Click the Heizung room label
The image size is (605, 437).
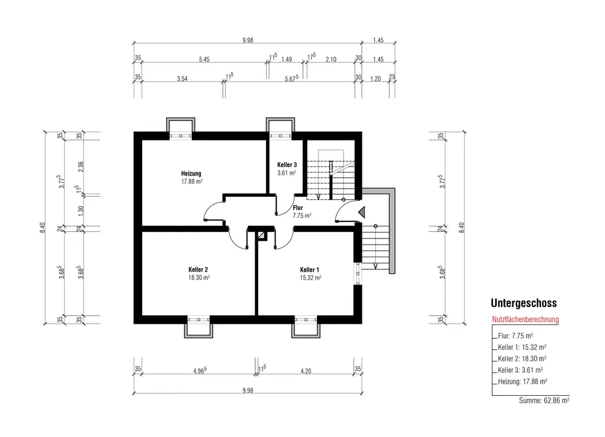[191, 174]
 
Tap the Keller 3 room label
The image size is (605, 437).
[287, 165]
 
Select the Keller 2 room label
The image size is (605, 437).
[198, 269]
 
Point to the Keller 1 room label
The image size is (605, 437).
[309, 270]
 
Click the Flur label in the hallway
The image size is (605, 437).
[298, 208]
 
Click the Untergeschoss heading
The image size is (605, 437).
[523, 303]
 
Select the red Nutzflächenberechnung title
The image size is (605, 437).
[525, 319]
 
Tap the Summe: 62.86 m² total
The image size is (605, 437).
[544, 400]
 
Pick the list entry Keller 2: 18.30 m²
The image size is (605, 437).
[522, 359]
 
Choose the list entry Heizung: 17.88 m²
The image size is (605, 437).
[523, 381]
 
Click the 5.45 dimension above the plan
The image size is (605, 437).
[204, 59]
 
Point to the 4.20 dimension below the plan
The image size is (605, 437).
[306, 371]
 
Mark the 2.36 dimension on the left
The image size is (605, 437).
[80, 167]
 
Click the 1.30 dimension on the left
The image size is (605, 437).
[80, 211]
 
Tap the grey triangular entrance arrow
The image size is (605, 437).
[362, 212]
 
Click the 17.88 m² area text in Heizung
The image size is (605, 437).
[192, 182]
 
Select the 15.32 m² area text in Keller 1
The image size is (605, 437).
[310, 278]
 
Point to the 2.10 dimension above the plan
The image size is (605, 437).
[331, 59]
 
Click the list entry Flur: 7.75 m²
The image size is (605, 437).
[515, 336]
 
